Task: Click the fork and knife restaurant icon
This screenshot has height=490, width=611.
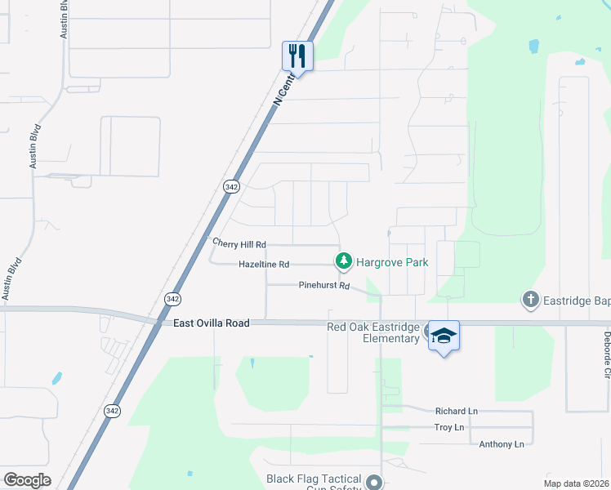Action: [297, 56]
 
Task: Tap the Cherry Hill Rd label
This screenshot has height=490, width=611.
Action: [239, 244]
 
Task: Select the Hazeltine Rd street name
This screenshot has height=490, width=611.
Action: [264, 265]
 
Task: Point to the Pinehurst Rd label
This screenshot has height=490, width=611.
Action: [323, 286]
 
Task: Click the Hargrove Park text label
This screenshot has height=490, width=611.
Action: [392, 262]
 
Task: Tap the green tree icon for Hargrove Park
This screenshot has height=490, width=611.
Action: [344, 261]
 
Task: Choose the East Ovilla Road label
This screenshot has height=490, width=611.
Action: [211, 323]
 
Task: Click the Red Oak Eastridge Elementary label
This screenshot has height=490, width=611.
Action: [372, 332]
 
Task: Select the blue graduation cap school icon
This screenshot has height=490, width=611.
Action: [444, 336]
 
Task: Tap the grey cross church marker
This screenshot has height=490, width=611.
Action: [530, 300]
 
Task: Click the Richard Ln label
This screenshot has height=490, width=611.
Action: [456, 412]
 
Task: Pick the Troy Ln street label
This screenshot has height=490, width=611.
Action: [448, 427]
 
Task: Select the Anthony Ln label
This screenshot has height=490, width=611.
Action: [502, 443]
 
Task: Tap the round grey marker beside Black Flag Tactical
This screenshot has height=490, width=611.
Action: [374, 481]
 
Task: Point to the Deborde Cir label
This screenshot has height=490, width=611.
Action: [607, 354]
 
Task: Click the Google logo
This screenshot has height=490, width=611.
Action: [27, 480]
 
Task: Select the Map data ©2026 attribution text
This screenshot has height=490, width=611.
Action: [576, 483]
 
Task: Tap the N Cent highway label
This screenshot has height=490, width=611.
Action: [283, 91]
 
